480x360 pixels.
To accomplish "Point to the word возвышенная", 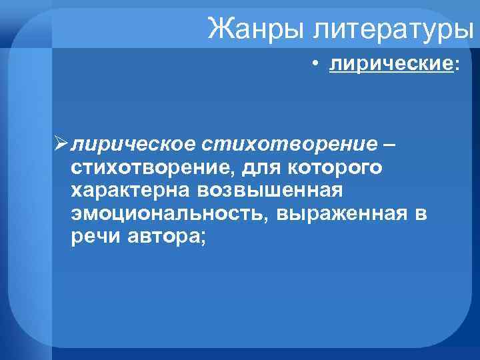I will tap(269, 191).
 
